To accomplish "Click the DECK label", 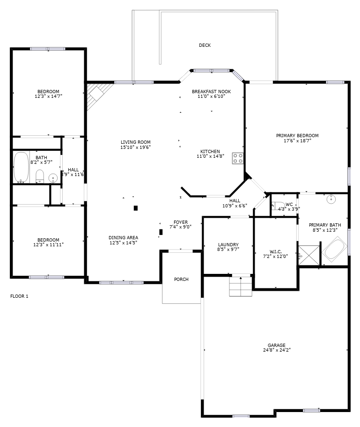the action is coord(205,45).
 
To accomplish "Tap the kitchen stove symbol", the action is coord(238,158).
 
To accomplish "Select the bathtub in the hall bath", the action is coord(21,167).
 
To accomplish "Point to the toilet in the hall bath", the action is coord(40,177).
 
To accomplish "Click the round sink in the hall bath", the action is coord(53,178).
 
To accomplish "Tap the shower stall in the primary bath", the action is coord(309,255).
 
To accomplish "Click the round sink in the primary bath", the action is coord(331,199).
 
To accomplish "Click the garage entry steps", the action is coord(241,287).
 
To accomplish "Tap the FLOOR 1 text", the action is coord(19,296).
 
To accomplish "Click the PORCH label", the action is coord(181,279).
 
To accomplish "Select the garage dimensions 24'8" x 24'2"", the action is coord(277,350).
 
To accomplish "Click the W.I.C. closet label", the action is coord(276,251).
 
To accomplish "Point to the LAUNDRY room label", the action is coord(228,244).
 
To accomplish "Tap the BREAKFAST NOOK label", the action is coord(211,91).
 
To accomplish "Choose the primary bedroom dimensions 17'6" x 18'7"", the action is coord(297,140).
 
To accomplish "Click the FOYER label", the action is coord(181,222).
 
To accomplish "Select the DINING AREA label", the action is coord(124,237).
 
